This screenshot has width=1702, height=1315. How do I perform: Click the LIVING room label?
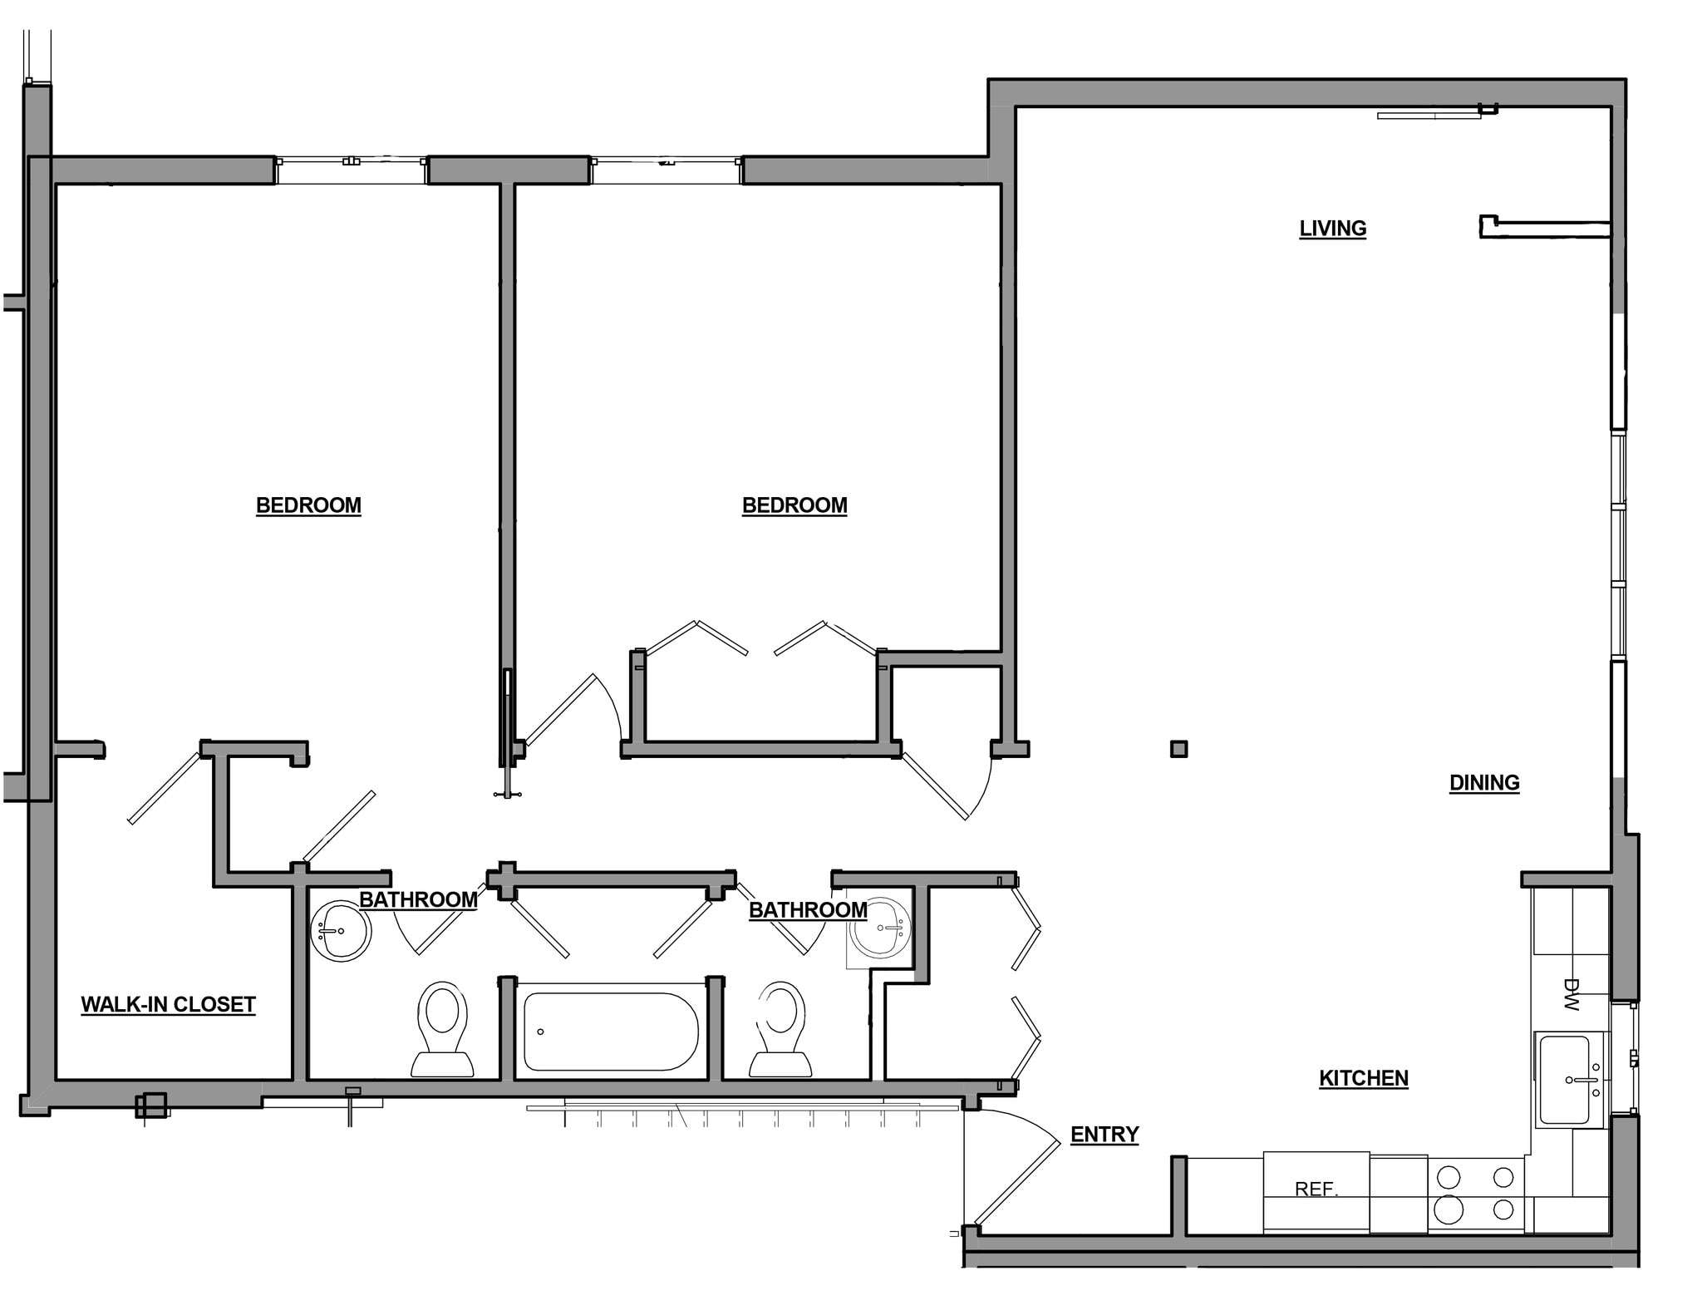pos(1332,228)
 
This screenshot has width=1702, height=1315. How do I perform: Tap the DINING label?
pos(1484,782)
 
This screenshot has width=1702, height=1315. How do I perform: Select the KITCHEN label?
pos(1363,1078)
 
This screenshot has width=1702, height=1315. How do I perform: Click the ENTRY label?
pos(1104,1134)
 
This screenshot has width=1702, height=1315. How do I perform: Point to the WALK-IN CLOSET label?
pos(168,1004)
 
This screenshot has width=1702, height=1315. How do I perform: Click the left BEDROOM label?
pos(308,505)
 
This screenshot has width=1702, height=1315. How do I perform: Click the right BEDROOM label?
pos(794,505)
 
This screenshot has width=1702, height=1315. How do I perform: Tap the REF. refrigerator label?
pos(1316,1189)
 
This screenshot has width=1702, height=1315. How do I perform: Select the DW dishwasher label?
pos(1570,994)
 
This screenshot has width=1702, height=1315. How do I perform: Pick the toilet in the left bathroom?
pos(442,1031)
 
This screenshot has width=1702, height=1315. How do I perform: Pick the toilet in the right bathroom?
pos(781,1031)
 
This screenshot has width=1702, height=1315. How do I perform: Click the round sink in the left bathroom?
pos(341,931)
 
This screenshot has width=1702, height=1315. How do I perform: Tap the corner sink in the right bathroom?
pos(880,928)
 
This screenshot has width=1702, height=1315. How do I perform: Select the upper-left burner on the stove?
pos(1449,1177)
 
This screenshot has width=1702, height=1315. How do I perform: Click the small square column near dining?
pos(1178,749)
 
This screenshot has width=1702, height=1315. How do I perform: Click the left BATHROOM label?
pos(418,899)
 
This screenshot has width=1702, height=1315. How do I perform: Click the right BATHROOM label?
pos(808,909)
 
